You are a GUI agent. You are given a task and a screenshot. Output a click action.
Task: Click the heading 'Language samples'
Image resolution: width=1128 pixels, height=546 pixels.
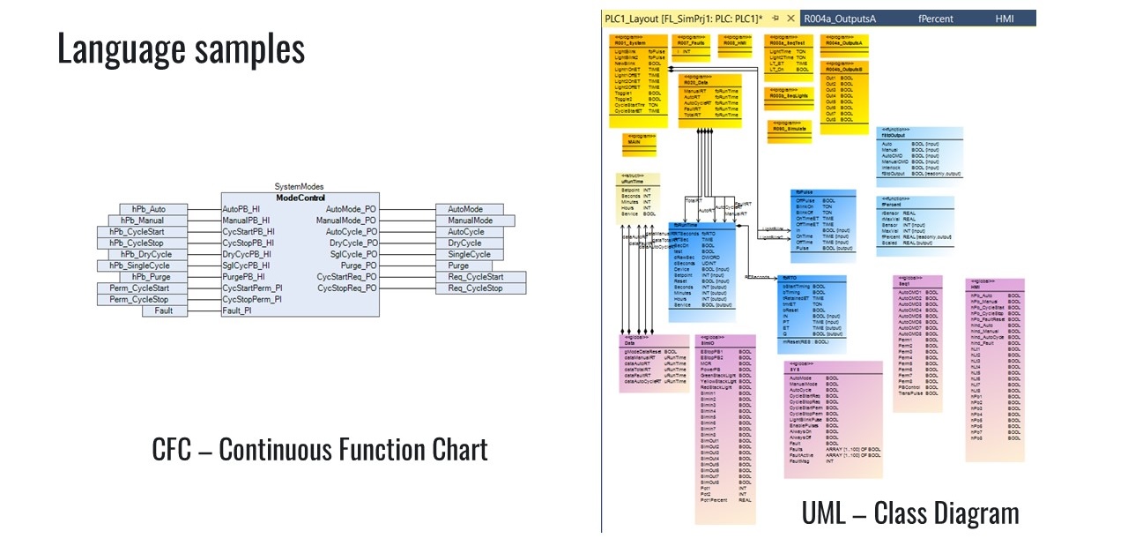point(181,49)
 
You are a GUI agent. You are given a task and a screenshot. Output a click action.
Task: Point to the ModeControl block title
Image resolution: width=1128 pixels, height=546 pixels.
point(300,198)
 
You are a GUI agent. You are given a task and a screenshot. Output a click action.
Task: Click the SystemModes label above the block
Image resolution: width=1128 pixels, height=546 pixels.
point(300,187)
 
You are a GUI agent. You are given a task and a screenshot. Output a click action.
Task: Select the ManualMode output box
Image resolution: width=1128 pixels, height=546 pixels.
point(470,221)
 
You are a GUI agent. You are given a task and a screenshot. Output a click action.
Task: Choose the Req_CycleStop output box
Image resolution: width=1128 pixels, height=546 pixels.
point(481,288)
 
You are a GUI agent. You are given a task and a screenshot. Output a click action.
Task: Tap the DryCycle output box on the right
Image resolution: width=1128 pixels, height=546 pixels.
point(470,243)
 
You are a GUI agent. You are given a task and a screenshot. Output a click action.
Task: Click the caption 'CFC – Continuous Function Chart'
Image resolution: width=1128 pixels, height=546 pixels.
point(319,450)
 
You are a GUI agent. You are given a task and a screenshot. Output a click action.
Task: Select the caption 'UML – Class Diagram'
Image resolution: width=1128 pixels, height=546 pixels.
point(909,512)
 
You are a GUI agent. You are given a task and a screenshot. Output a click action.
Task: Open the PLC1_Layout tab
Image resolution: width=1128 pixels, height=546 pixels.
point(684,19)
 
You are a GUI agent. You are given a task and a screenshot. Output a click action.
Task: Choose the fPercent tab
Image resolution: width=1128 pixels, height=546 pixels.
point(937,19)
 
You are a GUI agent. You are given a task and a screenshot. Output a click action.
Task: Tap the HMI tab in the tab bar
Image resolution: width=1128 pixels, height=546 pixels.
point(1005,19)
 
